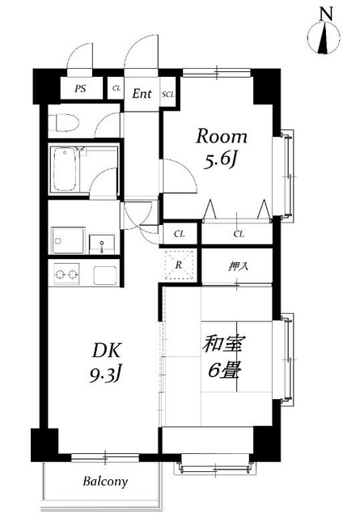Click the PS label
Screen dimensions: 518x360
(81, 89)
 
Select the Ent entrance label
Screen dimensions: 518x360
(142, 93)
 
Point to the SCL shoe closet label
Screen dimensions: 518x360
(168, 94)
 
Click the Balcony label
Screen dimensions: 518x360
(105, 482)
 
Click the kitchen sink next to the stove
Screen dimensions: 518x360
(105, 274)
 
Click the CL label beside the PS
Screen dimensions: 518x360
(116, 89)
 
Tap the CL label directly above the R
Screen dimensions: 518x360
(180, 234)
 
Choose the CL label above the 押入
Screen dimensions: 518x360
(239, 234)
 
